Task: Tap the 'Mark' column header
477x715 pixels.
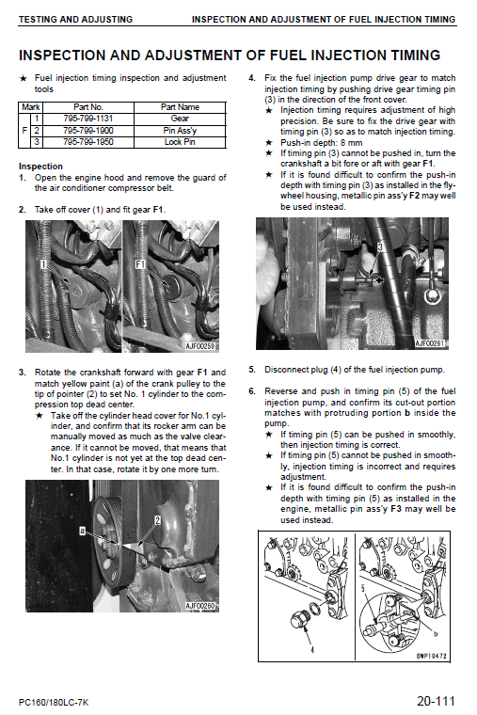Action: (30, 107)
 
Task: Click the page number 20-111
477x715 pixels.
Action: (438, 700)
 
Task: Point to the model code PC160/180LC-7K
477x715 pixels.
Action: (56, 701)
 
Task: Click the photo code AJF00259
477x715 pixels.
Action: (201, 346)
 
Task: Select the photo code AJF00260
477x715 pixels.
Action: (200, 606)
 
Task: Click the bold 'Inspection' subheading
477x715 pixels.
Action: (40, 167)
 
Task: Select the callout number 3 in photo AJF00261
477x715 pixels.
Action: (378, 246)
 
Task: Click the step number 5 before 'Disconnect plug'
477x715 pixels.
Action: (251, 370)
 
